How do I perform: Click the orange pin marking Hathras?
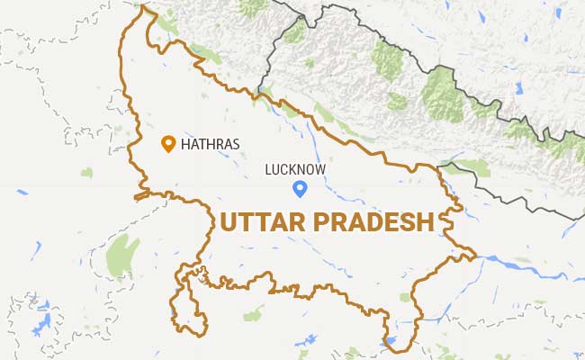coord(167,143)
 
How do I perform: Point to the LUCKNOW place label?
coord(295,168)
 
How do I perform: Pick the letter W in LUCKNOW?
coord(319,168)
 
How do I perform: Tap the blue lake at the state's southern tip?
coord(391,343)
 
